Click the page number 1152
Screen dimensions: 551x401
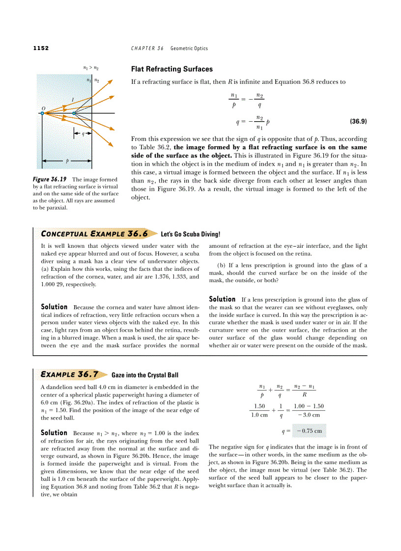click(x=41, y=48)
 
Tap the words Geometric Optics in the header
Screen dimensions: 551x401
click(x=189, y=48)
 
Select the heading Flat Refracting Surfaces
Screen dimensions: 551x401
click(x=172, y=69)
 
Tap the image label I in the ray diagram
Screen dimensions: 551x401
click(x=73, y=100)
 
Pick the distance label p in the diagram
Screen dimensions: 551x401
click(x=67, y=160)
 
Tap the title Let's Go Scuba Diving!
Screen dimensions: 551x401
click(x=191, y=235)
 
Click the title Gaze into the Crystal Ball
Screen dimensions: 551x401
click(x=145, y=375)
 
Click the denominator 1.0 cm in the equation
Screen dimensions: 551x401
click(x=259, y=415)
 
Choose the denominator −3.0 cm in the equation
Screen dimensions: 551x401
click(x=309, y=415)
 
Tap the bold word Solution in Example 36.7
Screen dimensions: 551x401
click(x=54, y=433)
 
